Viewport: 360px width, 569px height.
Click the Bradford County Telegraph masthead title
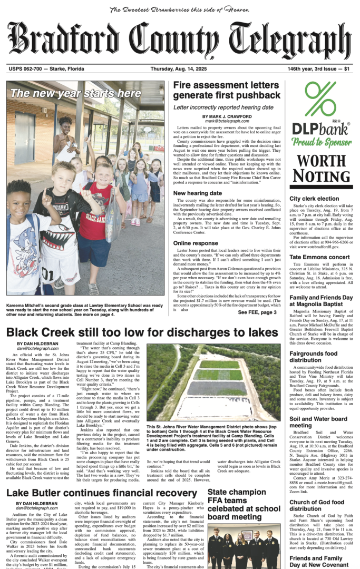coord(180,41)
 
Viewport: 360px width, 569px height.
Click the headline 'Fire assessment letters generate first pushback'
coord(227,90)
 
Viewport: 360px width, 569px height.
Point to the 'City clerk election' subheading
coord(314,199)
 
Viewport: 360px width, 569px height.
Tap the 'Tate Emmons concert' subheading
coord(318,257)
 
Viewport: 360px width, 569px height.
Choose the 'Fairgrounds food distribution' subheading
coord(313,357)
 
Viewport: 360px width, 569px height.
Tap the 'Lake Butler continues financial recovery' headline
coord(102,493)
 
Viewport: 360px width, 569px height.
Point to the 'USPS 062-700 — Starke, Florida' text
coord(42,69)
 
